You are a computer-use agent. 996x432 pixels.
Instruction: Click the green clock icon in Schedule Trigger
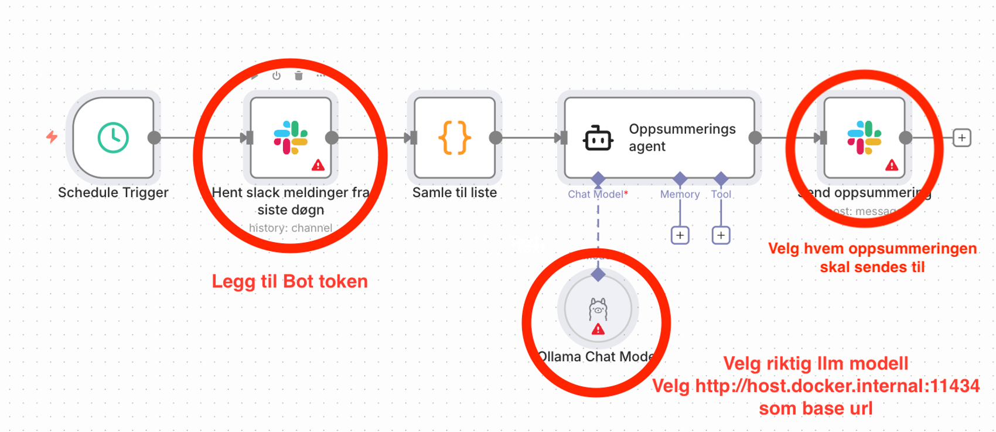coord(113,138)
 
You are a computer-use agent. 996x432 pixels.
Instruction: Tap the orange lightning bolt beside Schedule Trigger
coord(52,137)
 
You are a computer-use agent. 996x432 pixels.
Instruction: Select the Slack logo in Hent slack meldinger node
coord(291,138)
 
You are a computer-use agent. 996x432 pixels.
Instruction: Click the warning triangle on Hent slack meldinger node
coord(318,165)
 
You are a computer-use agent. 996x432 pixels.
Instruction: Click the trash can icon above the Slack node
coord(299,76)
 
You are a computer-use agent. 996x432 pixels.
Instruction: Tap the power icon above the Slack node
coord(277,76)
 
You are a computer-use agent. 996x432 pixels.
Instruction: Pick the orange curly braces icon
coord(455,138)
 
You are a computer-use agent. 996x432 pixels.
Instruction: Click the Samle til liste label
coord(455,192)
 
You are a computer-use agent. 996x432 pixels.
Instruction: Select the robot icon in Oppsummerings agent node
coord(598,138)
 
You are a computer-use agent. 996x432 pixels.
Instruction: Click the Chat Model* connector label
coord(597,194)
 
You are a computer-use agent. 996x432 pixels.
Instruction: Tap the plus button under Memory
coord(680,235)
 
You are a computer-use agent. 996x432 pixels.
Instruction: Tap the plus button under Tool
coord(721,235)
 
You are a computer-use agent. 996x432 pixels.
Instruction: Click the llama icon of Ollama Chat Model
coord(598,308)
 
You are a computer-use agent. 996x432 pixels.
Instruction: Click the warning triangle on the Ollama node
coord(598,329)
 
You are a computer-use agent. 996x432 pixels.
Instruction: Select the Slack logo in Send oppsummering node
coord(864,138)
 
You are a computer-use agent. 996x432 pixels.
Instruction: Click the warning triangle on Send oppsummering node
coord(892,165)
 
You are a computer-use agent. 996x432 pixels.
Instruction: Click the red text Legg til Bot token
coord(289,281)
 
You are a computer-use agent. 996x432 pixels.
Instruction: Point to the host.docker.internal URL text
coord(816,386)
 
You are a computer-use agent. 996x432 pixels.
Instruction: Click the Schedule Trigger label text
coord(113,192)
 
